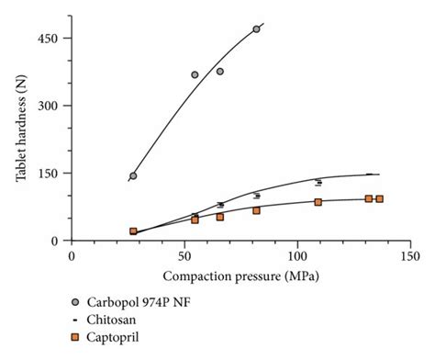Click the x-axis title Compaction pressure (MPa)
[x=240, y=276]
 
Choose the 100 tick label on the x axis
[x=296, y=255]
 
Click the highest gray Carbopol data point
[x=256, y=29]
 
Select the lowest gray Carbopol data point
[x=133, y=176]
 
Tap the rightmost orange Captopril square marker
[x=379, y=198]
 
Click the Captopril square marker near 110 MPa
[x=318, y=202]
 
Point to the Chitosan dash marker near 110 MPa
[x=318, y=182]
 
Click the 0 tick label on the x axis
[x=72, y=255]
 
